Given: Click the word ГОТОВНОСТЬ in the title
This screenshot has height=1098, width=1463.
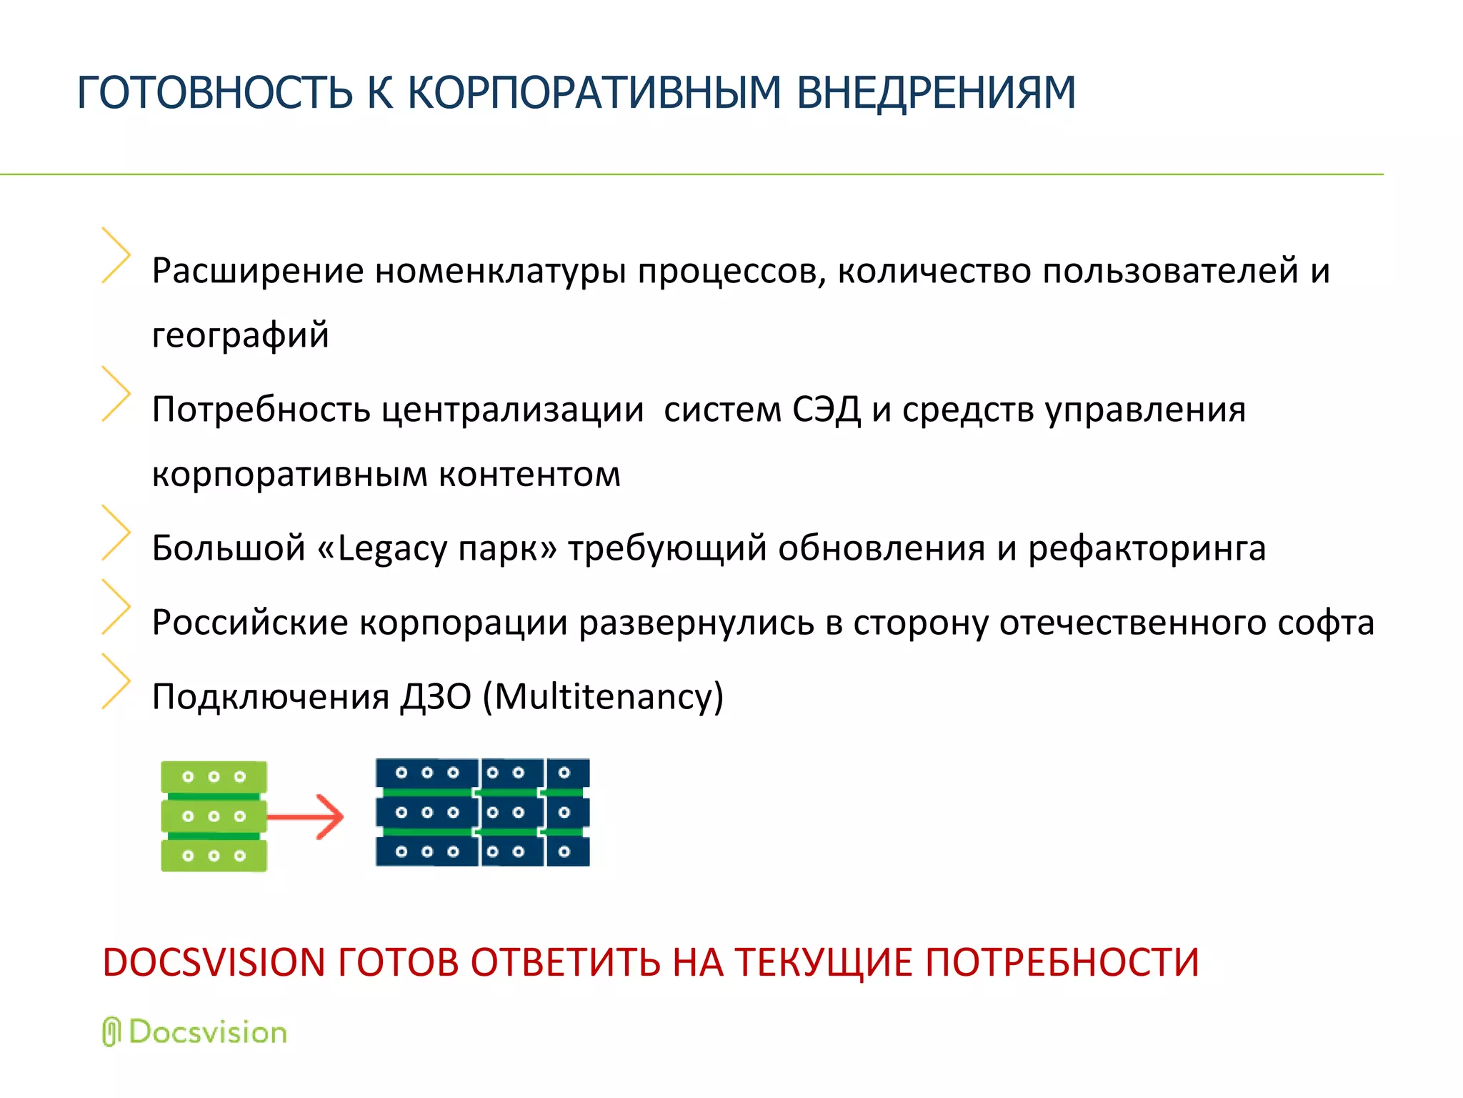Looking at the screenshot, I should (x=214, y=93).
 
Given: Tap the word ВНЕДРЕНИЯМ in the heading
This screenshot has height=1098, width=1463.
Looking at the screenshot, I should (x=936, y=93).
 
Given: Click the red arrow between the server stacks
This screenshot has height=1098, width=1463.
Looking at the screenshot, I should (x=307, y=816).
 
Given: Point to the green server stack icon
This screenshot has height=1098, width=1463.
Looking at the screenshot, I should (x=214, y=816).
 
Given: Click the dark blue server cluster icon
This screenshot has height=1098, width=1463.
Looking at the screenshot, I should (x=483, y=813).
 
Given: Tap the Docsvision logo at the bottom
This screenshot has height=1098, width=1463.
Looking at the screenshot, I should (x=195, y=1032).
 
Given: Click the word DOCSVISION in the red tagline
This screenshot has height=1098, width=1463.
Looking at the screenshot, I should (x=214, y=962).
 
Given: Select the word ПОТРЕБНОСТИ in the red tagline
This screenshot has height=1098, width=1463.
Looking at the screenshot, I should (x=1062, y=962).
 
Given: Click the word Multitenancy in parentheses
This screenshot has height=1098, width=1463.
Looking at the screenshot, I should (x=604, y=696).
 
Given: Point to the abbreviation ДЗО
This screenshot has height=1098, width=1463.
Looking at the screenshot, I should (x=436, y=696).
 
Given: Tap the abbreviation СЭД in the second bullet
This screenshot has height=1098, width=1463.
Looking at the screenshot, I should (x=827, y=410).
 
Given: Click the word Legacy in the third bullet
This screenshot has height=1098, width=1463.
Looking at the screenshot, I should (x=392, y=549).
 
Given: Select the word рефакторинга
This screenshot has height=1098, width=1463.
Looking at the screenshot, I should (x=1147, y=549).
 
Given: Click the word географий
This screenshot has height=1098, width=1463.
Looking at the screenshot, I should (x=241, y=335).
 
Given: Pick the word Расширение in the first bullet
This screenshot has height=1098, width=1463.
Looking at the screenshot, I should (x=258, y=271).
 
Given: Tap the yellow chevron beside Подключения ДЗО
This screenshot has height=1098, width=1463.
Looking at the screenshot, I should (x=116, y=681).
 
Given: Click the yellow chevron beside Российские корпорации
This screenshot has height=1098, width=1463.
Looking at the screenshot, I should (x=116, y=607).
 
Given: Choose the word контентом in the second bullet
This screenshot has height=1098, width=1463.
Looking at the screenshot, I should (x=529, y=474).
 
